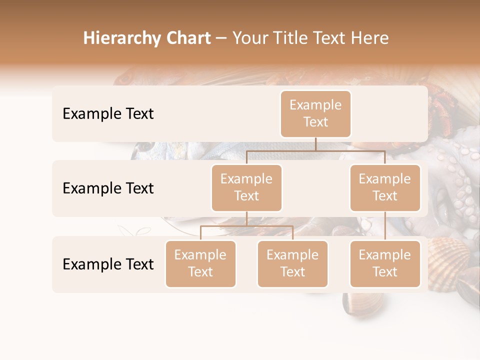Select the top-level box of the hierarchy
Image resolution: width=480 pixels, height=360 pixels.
coord(315,113)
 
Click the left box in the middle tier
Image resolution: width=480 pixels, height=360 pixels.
coord(246,187)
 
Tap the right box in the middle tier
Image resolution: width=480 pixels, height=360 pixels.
coord(385,187)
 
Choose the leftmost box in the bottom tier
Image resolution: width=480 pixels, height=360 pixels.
coord(200,263)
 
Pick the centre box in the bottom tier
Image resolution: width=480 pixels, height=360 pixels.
coord(292,263)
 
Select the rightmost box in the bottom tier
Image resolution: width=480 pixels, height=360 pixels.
coord(385,263)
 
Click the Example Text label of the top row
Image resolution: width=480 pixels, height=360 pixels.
coord(108,113)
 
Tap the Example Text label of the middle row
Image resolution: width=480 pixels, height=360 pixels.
coord(108,188)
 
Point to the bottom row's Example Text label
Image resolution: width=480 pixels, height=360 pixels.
coord(108,264)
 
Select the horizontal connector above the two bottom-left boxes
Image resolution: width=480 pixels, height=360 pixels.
coord(246,226)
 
